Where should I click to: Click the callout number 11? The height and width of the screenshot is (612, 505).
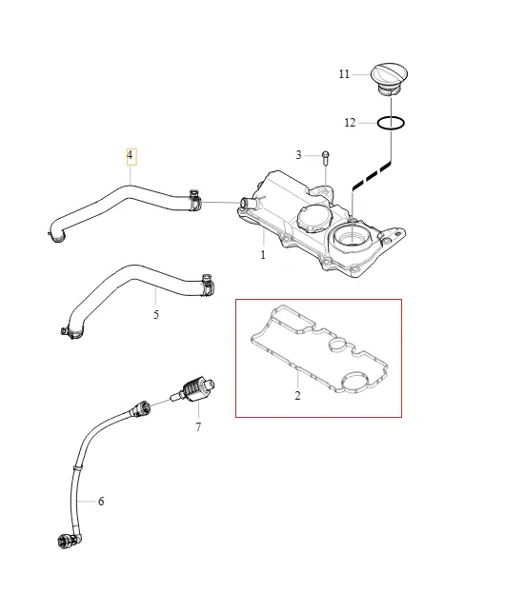coord(344,74)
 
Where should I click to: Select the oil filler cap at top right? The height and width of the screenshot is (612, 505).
coord(389,79)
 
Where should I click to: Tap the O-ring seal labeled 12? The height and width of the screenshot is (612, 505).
coord(391,124)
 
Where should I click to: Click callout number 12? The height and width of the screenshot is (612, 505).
coord(350,123)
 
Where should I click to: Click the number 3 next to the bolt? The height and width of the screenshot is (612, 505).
coord(298,155)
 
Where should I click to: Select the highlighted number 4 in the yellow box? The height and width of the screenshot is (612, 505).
coord(131,155)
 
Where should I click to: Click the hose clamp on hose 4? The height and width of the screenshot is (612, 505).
coord(195,200)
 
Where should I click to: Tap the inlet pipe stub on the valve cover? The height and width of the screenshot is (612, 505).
coord(246,202)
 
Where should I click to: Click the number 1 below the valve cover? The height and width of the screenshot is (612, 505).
coord(263,254)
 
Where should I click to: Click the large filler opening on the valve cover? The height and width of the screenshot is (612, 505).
coord(352,238)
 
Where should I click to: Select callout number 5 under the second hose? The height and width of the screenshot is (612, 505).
coord(156,314)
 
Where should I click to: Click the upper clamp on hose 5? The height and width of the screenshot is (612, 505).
coord(208,284)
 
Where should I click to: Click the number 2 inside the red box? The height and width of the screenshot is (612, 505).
coord(298,395)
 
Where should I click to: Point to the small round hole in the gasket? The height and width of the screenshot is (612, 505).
coord(337,345)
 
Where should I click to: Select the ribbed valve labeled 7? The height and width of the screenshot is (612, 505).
coord(192,389)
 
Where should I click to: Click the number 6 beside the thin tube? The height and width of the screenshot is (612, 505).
coord(101,501)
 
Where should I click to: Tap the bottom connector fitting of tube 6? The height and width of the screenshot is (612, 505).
coord(70,541)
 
